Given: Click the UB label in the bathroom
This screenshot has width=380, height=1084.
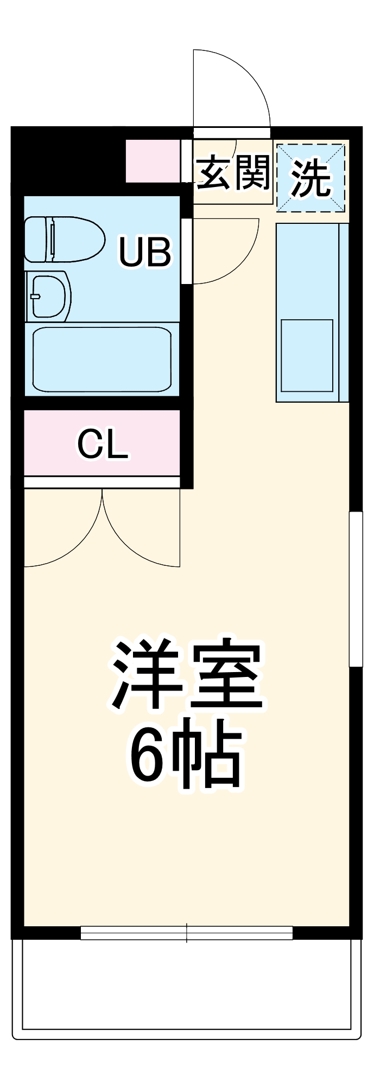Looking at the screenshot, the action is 145,251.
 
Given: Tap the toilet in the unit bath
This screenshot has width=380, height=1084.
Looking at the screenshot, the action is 65,239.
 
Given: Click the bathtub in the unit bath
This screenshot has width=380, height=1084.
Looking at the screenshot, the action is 102,359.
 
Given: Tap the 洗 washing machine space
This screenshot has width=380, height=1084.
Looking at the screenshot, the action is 311,177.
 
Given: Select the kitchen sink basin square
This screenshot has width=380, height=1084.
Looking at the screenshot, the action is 307,356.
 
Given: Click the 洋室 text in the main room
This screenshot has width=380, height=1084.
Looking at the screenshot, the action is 187,675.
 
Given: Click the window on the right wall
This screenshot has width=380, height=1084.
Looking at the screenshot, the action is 356,588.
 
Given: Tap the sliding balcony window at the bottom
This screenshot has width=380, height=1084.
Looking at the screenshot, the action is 187,932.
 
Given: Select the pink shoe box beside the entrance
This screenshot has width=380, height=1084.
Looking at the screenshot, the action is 153,161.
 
